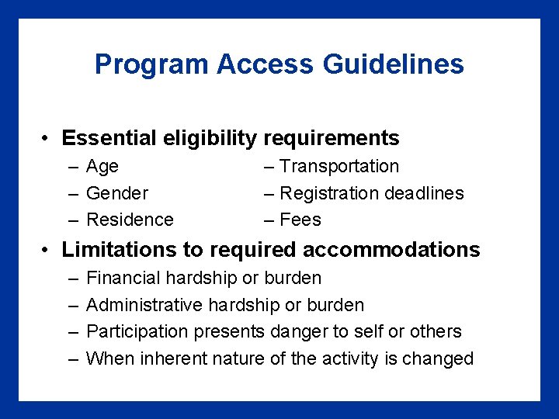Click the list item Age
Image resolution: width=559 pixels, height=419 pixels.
[x=102, y=167]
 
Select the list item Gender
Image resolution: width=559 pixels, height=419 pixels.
[x=117, y=193]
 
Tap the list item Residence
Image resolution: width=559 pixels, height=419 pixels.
[x=130, y=220]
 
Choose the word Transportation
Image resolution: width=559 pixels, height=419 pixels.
[x=339, y=166]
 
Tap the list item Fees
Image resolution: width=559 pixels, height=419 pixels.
[x=300, y=220]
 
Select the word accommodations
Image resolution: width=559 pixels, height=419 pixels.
[x=391, y=250]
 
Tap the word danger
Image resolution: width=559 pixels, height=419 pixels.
[x=299, y=332]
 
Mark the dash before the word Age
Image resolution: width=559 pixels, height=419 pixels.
[x=72, y=168]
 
